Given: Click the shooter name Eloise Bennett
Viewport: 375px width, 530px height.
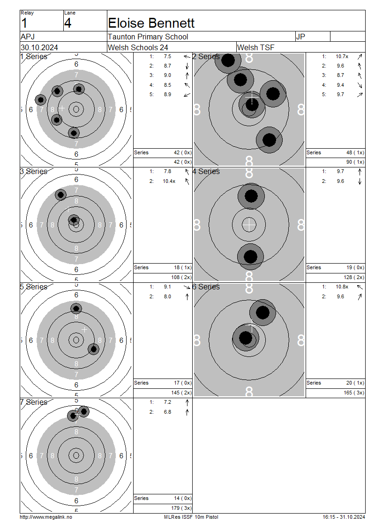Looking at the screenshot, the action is click(151, 23).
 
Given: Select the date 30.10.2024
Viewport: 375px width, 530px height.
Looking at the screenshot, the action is click(39, 47).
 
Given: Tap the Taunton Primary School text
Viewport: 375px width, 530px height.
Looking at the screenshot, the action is click(148, 37).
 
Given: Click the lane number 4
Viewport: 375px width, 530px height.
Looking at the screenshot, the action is click(67, 23).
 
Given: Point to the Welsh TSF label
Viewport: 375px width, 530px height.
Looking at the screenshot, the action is click(256, 47).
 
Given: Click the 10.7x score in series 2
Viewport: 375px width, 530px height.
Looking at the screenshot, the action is click(342, 56).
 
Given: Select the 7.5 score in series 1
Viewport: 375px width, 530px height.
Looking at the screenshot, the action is click(167, 56).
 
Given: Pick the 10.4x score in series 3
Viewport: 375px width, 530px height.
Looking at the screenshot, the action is click(169, 181).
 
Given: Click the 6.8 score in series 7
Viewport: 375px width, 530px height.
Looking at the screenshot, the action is click(167, 412).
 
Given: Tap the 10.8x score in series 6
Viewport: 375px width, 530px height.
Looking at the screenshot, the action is click(342, 287).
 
